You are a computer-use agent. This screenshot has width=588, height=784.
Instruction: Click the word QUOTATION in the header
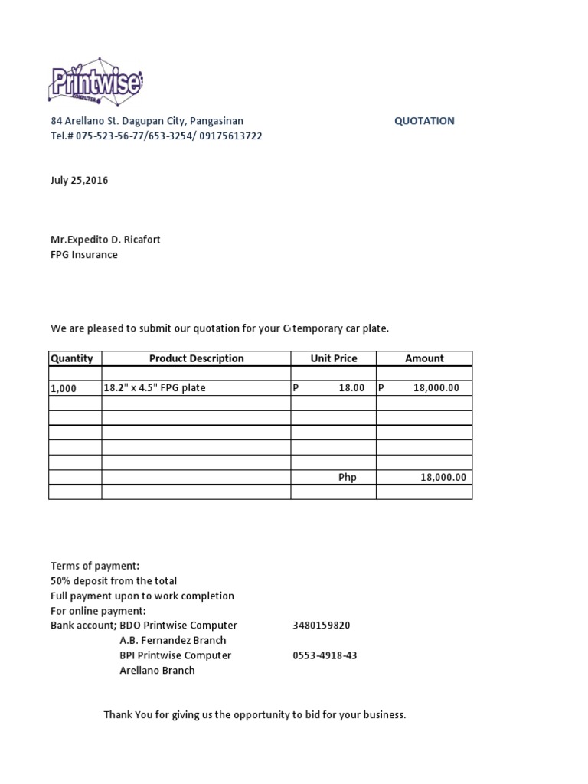pyautogui.click(x=424, y=121)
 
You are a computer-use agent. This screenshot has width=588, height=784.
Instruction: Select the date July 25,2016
pyautogui.click(x=80, y=181)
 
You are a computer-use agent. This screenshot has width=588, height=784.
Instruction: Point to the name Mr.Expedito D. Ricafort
pyautogui.click(x=106, y=240)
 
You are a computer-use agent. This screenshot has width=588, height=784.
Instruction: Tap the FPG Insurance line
pyautogui.click(x=84, y=255)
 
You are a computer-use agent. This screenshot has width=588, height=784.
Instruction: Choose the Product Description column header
pyautogui.click(x=196, y=358)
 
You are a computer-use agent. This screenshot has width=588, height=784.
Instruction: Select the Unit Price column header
pyautogui.click(x=333, y=358)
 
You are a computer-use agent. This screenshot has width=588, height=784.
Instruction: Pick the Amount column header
pyautogui.click(x=424, y=358)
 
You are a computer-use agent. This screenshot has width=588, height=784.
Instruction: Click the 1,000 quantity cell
pyautogui.click(x=64, y=388)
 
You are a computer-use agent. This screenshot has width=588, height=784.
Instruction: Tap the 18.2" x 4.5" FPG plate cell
pyautogui.click(x=155, y=388)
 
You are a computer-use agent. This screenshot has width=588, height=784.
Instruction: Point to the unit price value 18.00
pyautogui.click(x=351, y=388)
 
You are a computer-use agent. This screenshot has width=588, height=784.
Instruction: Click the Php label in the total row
pyautogui.click(x=348, y=478)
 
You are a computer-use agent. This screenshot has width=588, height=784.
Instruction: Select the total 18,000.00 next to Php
pyautogui.click(x=443, y=478)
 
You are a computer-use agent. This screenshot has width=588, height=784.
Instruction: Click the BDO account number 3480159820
pyautogui.click(x=321, y=626)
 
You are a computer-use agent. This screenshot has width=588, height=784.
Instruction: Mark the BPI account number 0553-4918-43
pyautogui.click(x=325, y=655)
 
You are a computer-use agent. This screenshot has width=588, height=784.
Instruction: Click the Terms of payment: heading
pyautogui.click(x=95, y=566)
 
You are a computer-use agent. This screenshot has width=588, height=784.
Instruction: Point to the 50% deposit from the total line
pyautogui.click(x=113, y=581)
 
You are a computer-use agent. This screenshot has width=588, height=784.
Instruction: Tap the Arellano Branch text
pyautogui.click(x=157, y=671)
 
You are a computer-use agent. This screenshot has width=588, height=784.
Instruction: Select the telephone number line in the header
pyautogui.click(x=156, y=136)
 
